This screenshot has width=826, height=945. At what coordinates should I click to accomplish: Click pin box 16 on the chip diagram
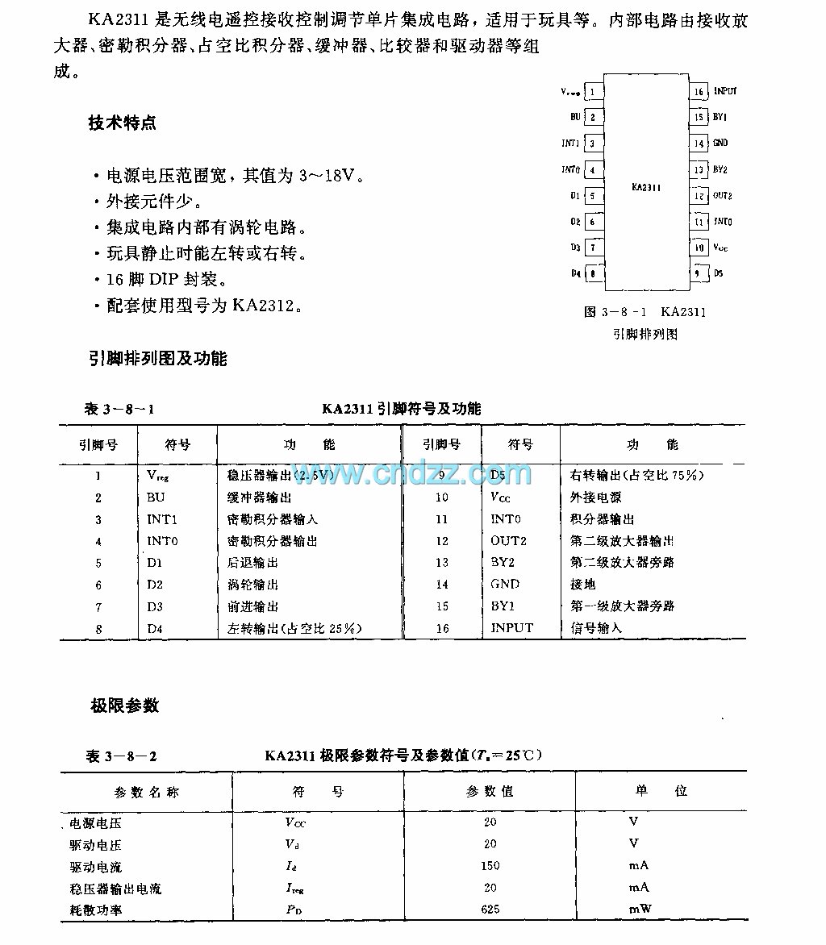[x=699, y=92]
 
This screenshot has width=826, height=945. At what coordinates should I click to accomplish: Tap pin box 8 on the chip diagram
[x=593, y=273]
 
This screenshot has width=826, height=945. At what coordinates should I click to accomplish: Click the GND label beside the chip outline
[x=720, y=144]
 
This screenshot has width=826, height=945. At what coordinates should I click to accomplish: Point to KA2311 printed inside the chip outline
[x=646, y=187]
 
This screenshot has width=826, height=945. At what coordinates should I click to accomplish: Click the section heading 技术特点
[x=123, y=123]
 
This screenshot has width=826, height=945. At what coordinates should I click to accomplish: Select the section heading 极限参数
[x=124, y=706]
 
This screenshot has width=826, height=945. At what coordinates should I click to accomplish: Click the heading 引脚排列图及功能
[x=158, y=359]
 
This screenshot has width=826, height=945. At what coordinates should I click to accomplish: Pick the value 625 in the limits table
[x=490, y=909]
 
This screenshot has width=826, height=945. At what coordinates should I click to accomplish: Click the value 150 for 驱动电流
[x=490, y=866]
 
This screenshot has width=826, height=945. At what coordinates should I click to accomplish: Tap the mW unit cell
[x=640, y=909]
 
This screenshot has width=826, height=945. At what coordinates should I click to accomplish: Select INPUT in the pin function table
[x=511, y=627]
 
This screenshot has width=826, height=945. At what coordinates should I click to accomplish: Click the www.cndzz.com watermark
[x=411, y=473]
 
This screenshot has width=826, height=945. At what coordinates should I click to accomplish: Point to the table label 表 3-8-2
[x=122, y=756]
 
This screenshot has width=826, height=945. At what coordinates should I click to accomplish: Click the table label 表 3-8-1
[x=119, y=410]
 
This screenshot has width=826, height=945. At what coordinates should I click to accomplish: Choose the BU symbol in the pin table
[x=155, y=497]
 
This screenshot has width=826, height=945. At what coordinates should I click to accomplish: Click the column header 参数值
[x=490, y=792]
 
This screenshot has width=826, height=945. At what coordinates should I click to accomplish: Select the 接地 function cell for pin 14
[x=582, y=584]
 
